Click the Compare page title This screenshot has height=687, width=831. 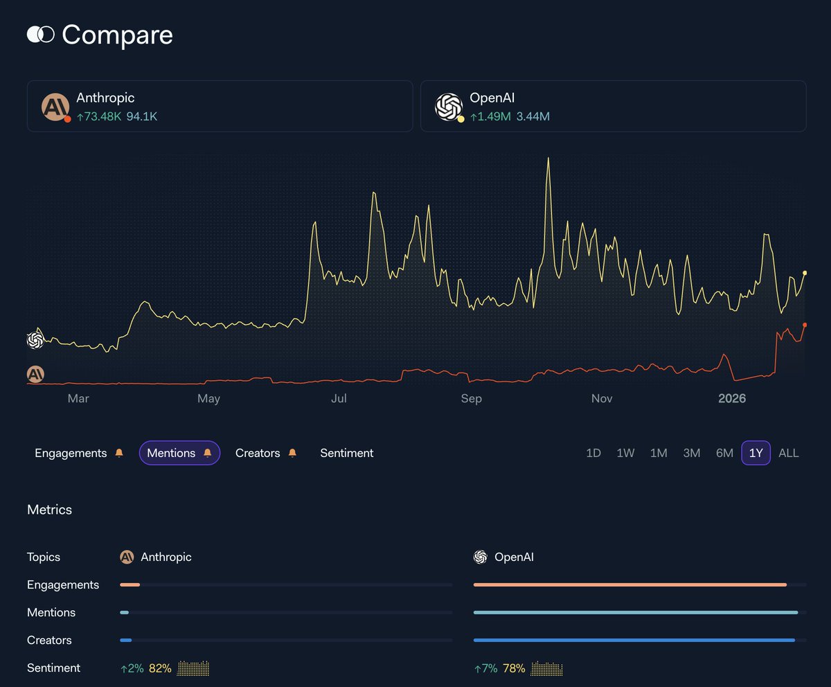click(117, 35)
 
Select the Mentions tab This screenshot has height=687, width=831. click(172, 453)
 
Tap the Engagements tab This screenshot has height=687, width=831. click(71, 453)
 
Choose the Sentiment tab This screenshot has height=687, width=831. click(346, 453)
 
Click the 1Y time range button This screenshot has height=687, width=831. click(756, 453)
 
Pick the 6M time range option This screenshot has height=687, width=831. click(724, 453)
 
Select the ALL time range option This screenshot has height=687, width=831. click(788, 453)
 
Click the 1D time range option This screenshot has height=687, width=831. click(593, 453)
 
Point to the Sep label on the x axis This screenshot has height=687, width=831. click(471, 399)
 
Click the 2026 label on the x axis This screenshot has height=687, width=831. click(732, 399)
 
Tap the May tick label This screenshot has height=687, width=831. click(208, 399)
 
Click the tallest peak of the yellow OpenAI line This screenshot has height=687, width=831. click(548, 159)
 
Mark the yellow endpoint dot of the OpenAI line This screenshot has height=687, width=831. click(804, 273)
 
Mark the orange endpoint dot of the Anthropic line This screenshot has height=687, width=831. click(804, 325)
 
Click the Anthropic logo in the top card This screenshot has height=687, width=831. click(55, 107)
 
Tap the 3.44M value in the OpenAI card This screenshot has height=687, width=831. click(533, 117)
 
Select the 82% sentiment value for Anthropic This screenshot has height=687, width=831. click(159, 668)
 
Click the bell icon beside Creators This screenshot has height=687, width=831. click(292, 453)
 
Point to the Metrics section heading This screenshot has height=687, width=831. click(49, 510)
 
